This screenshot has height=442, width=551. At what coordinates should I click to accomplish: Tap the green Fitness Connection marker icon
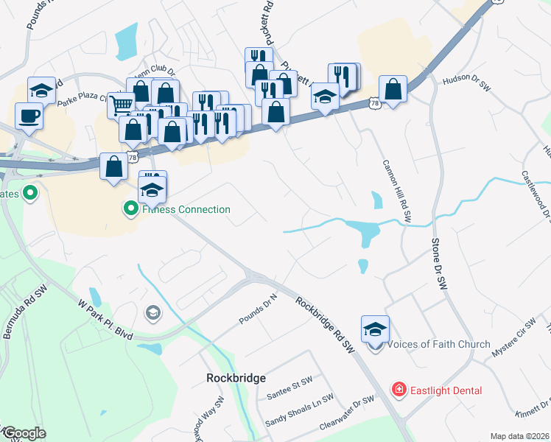point(130,209)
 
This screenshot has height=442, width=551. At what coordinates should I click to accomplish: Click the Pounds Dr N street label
point(257,309)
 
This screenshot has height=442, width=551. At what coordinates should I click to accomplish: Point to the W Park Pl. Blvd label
point(106,318)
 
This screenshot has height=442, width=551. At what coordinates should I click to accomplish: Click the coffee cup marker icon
point(29,117)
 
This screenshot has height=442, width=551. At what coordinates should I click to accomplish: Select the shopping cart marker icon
point(121,104)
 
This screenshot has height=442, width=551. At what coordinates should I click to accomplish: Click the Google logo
point(24,432)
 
